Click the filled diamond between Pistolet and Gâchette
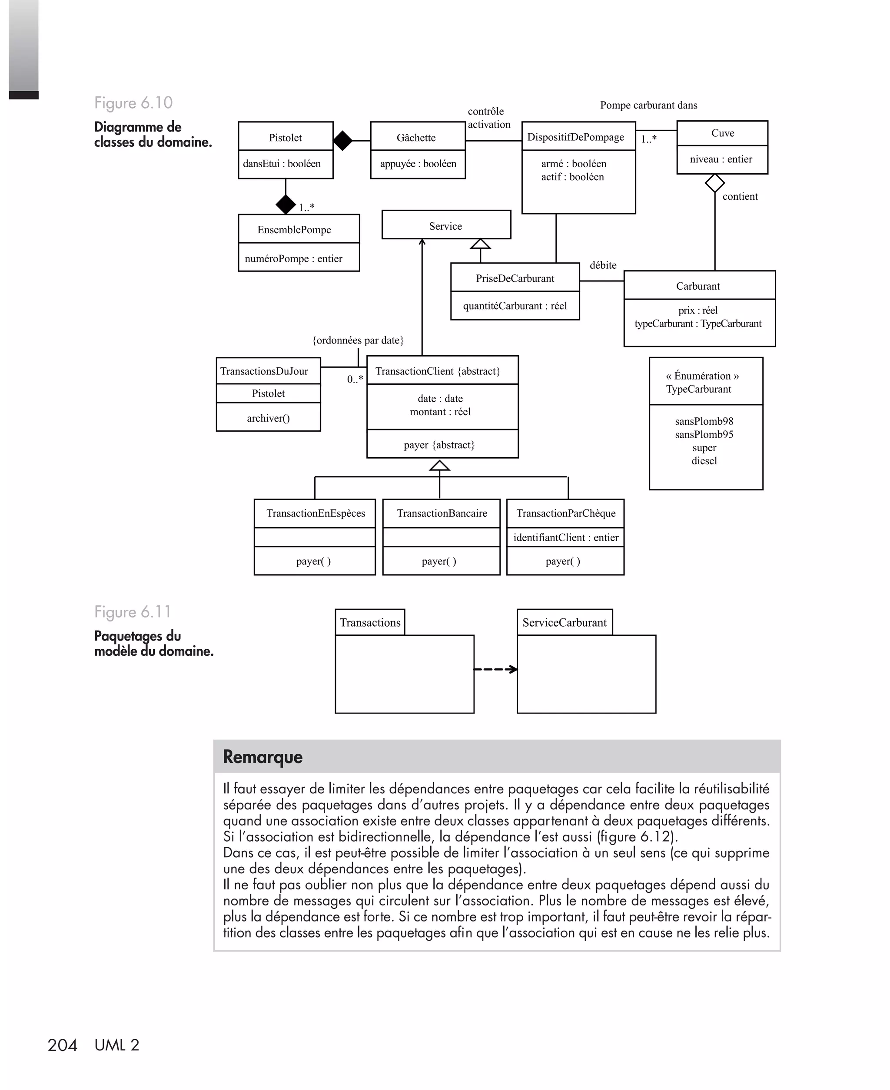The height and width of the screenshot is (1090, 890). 342,140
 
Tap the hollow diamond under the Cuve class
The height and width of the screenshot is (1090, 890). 715,183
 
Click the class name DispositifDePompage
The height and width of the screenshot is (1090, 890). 575,137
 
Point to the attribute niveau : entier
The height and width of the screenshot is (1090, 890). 721,159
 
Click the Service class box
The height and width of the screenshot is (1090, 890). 445,225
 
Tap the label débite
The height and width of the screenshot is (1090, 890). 603,265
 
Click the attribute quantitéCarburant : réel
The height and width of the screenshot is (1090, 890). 515,306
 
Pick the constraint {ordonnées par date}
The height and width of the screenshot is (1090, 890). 358,340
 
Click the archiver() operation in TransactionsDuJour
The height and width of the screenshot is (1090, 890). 268,418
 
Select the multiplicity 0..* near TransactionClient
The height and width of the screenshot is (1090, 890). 355,380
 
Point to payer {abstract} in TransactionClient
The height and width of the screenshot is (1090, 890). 439,445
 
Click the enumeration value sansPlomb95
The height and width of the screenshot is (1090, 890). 704,434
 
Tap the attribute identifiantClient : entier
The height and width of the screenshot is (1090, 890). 565,537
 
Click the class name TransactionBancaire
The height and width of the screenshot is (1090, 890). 442,513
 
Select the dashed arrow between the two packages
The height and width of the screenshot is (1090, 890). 495,669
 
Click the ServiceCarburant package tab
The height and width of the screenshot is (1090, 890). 565,622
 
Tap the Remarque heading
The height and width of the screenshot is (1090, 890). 262,756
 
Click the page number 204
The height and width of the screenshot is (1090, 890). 62,1045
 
